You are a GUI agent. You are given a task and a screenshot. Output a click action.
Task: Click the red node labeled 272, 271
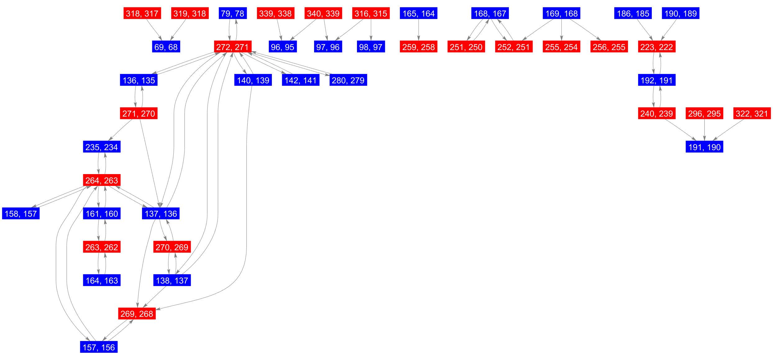pyautogui.click(x=232, y=47)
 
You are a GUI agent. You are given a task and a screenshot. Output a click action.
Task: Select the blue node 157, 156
pyautogui.click(x=99, y=347)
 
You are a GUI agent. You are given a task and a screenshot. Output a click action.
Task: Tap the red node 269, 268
pyautogui.click(x=137, y=314)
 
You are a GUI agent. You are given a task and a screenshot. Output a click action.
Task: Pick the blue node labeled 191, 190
pyautogui.click(x=704, y=147)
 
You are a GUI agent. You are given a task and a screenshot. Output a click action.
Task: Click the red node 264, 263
pyautogui.click(x=102, y=180)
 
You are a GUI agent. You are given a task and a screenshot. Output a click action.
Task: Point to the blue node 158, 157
pyautogui.click(x=21, y=214)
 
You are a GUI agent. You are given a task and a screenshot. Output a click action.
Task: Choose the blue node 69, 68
pyautogui.click(x=166, y=47)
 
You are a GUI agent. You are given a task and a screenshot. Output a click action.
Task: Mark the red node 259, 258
pyautogui.click(x=419, y=47)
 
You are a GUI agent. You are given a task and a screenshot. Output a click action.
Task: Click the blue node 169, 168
pyautogui.click(x=561, y=13)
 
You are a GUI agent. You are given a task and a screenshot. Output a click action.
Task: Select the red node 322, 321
pyautogui.click(x=752, y=113)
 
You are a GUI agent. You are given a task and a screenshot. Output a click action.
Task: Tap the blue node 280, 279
pyautogui.click(x=348, y=80)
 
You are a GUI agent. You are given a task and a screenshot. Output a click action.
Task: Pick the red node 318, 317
pyautogui.click(x=142, y=13)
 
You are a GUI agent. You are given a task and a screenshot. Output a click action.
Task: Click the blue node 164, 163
pyautogui.click(x=102, y=280)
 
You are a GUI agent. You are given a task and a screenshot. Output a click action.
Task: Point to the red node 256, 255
pyautogui.click(x=609, y=47)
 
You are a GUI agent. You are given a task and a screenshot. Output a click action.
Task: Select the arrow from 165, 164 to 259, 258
pyautogui.click(x=419, y=30)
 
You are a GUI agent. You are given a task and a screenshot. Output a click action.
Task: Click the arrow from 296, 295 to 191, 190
pyautogui.click(x=704, y=130)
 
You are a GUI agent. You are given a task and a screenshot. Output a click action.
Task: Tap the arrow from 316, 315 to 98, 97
pyautogui.click(x=371, y=30)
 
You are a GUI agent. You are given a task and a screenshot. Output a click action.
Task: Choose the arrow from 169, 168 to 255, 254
pyautogui.click(x=561, y=30)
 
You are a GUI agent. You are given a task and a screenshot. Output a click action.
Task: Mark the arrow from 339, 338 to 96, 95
pyautogui.click(x=279, y=30)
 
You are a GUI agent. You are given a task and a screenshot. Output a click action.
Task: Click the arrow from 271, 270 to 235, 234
pyautogui.click(x=120, y=130)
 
